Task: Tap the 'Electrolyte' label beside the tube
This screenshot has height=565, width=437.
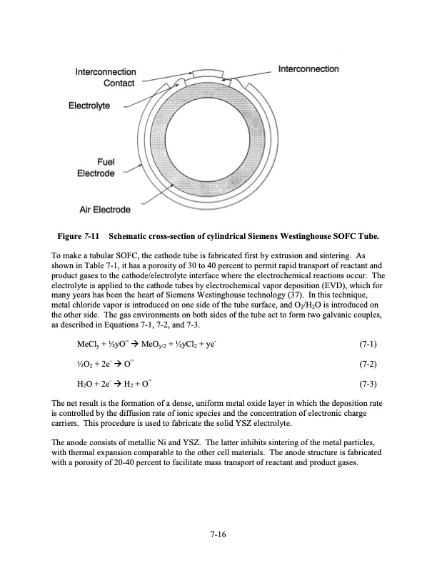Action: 89,106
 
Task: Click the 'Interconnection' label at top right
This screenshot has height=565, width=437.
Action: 308,69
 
